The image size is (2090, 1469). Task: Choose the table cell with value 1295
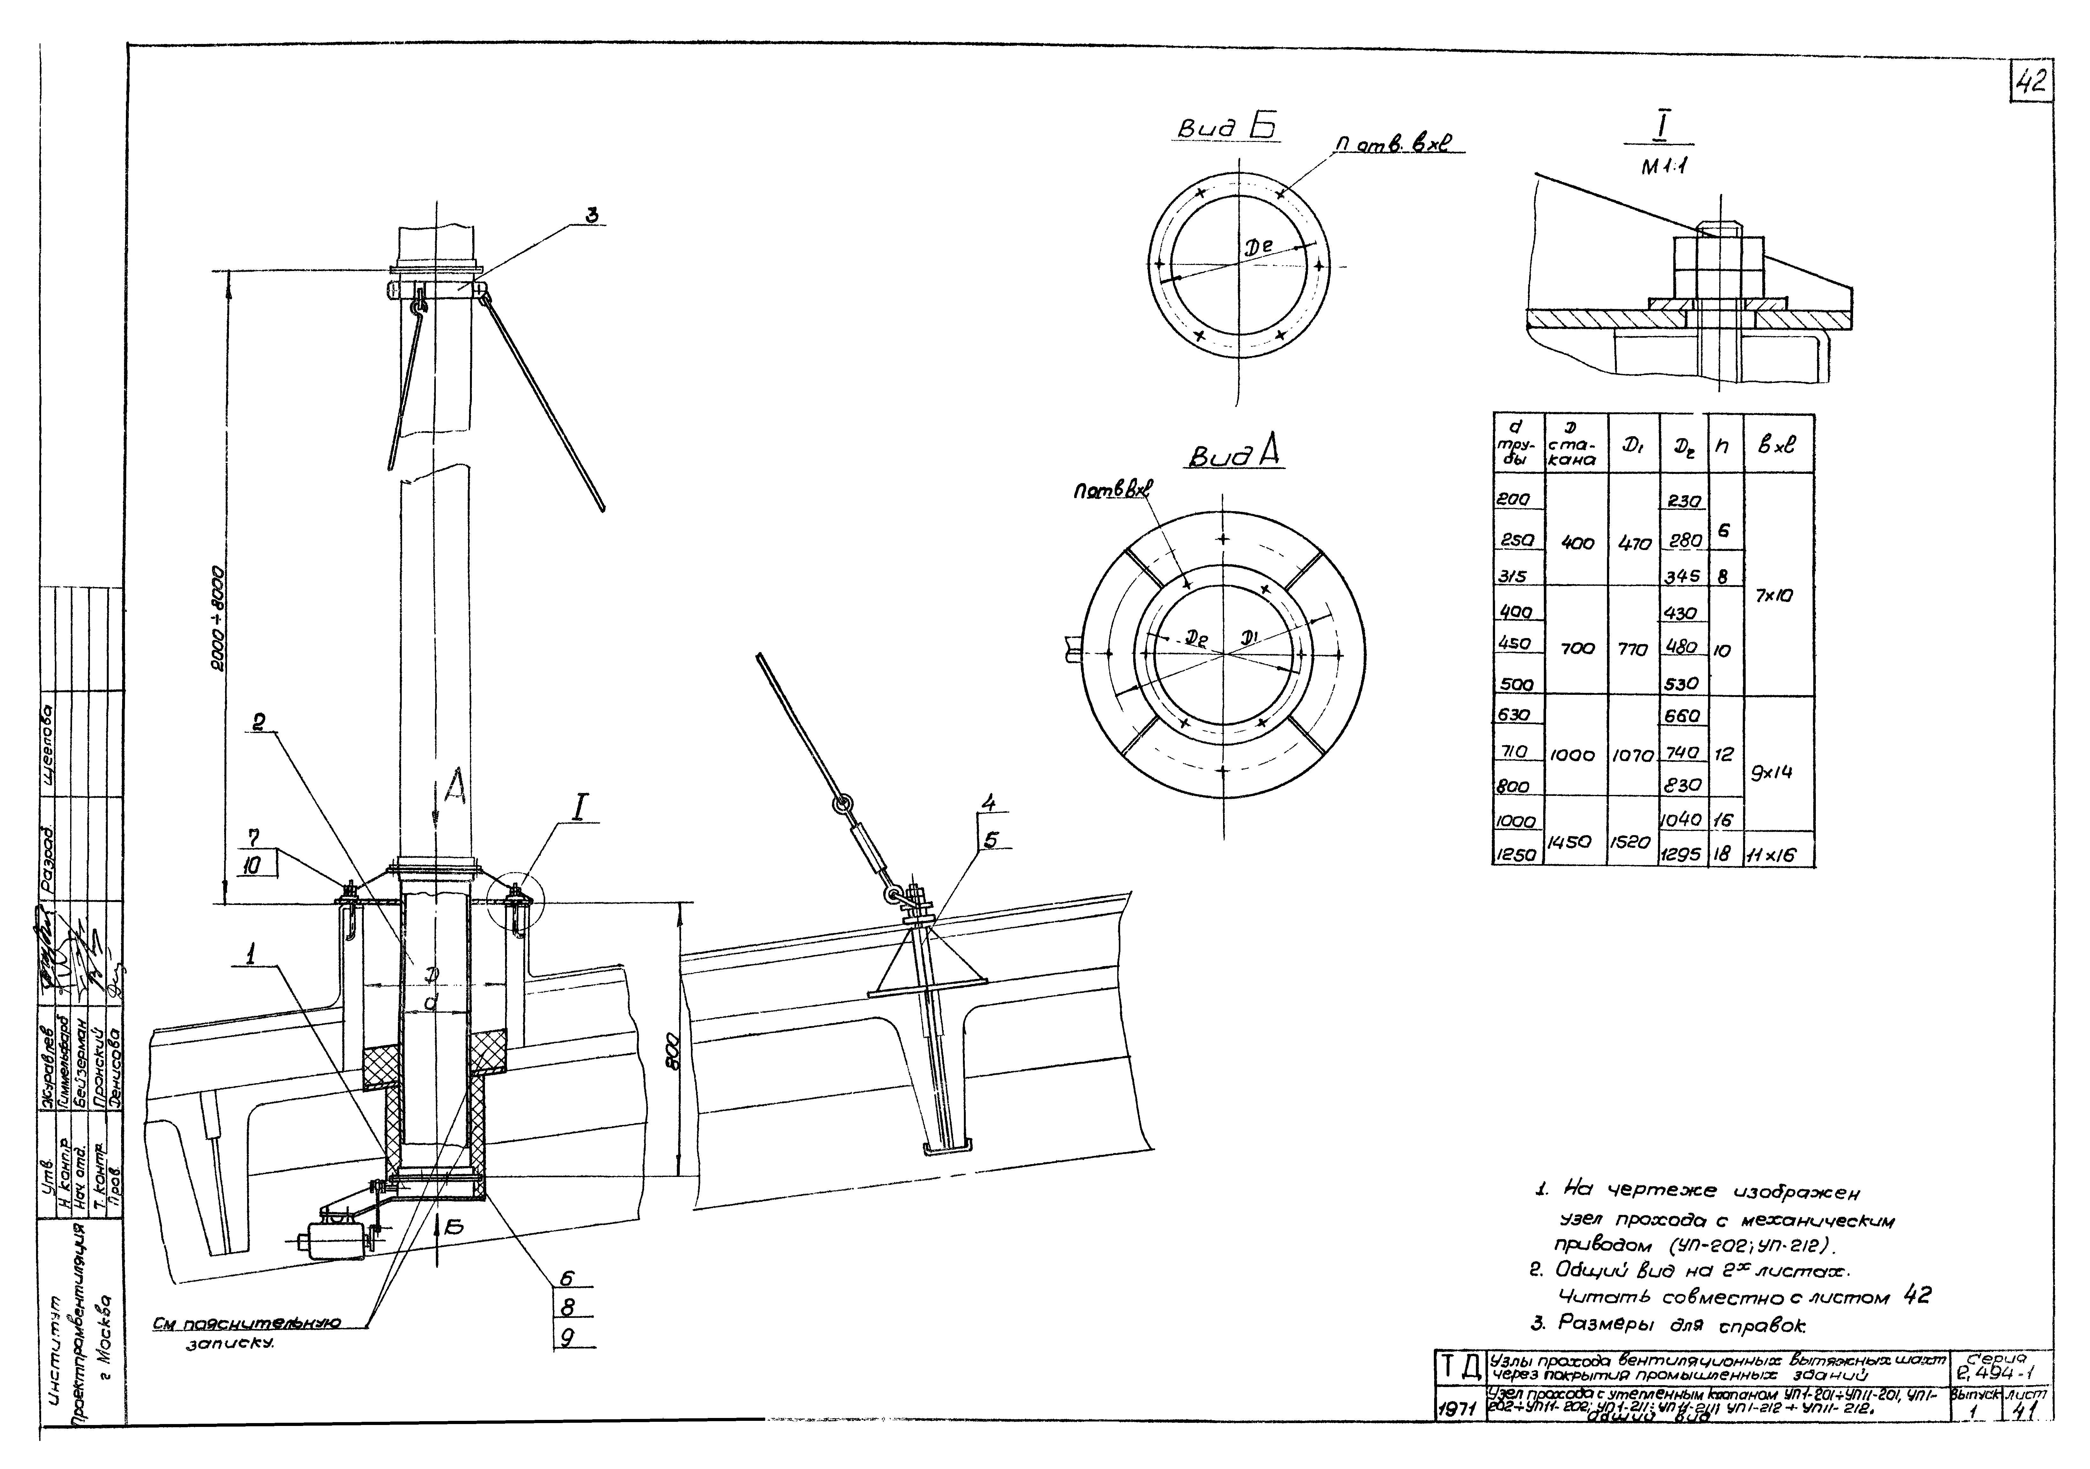pos(1683,855)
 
